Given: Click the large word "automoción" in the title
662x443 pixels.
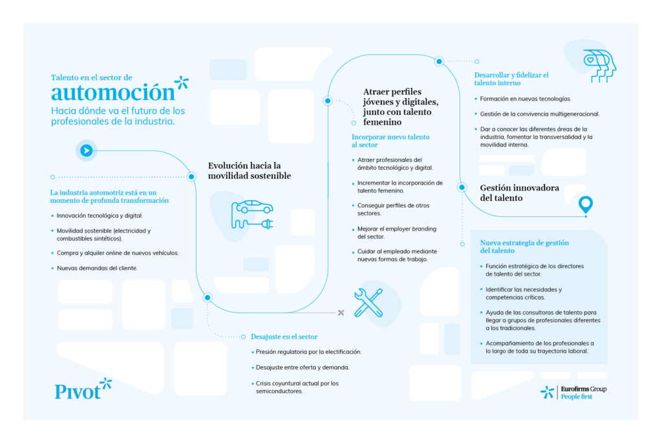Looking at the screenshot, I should [x=113, y=92].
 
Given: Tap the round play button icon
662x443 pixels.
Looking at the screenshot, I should [x=86, y=150].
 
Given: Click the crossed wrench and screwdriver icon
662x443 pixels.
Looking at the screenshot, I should [x=368, y=302].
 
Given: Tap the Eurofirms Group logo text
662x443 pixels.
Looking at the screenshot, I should [x=583, y=389].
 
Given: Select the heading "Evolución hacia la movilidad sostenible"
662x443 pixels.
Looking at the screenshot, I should [x=249, y=170].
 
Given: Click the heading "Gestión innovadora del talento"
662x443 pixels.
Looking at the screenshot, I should [x=519, y=192].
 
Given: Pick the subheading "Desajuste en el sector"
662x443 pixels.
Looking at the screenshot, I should [x=284, y=336].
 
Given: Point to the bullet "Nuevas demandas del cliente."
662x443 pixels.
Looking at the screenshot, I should [x=97, y=267].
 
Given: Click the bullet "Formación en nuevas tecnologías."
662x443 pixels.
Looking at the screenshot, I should [x=526, y=99].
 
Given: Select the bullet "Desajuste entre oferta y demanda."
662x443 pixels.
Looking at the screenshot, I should [x=303, y=367].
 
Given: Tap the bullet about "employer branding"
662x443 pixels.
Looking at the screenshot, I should [x=397, y=232].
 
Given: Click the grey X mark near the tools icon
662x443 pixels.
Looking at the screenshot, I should [x=341, y=313].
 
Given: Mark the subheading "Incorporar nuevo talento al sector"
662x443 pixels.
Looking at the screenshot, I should [x=390, y=141].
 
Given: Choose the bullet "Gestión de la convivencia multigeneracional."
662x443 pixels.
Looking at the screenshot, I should [x=540, y=114].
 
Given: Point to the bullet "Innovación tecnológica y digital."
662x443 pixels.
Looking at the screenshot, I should [x=100, y=216].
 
